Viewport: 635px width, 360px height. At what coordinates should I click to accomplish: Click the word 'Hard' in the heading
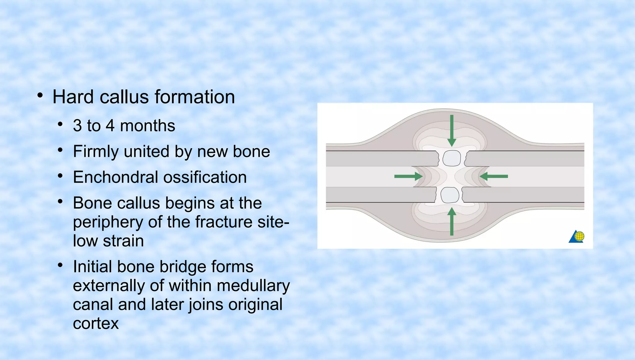73,97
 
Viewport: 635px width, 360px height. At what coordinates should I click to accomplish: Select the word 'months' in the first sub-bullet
148,126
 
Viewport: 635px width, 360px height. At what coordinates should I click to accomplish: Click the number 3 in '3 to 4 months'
78,126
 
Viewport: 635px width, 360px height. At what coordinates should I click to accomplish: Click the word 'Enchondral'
115,177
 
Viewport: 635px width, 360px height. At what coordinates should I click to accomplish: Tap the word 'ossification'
205,177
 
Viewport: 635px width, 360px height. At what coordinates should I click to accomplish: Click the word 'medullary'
253,286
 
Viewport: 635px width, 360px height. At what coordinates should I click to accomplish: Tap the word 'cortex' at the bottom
96,323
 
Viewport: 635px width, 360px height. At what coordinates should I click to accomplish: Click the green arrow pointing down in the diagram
452,130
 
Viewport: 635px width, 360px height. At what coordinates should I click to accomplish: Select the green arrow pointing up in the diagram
452,222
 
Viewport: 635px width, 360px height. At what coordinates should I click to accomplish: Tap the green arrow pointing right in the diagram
408,176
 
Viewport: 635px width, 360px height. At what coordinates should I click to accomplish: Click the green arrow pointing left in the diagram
494,176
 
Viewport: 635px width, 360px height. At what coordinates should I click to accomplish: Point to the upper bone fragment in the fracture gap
451,158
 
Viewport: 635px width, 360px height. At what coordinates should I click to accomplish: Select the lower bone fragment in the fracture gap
450,195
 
